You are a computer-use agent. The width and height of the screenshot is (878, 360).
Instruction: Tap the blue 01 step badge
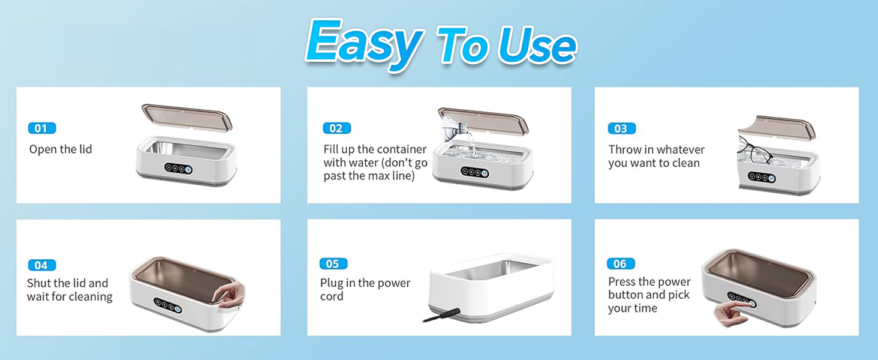(42, 128)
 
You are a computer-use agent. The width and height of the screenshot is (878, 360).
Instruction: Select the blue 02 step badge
(336, 128)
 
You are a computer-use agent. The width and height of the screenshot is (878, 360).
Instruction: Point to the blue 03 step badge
(621, 128)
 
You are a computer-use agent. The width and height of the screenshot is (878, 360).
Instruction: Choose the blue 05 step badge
(333, 263)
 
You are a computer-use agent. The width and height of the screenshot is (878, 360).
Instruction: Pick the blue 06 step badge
(621, 263)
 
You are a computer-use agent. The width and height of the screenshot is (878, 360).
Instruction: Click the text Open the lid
(61, 149)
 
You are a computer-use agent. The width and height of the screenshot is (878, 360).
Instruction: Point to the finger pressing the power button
(734, 311)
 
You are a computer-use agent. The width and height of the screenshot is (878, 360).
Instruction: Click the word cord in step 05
(332, 296)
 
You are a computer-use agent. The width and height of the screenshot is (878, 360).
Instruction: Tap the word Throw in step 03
(624, 149)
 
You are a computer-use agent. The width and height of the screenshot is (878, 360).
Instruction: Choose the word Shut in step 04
(39, 283)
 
